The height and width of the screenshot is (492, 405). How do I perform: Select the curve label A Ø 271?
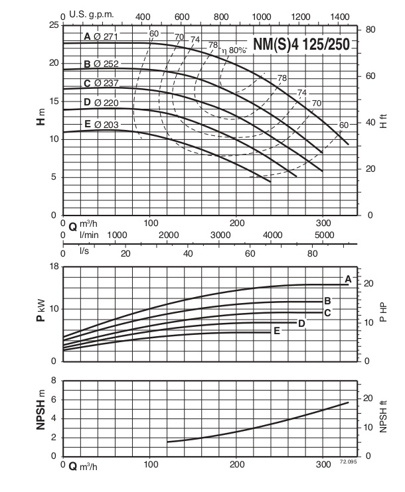pos(100,36)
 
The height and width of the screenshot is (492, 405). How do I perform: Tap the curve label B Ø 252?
pos(100,64)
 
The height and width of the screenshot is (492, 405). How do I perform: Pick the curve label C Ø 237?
pos(100,83)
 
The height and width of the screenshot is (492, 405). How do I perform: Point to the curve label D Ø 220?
pos(100,102)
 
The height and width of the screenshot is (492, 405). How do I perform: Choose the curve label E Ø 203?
pos(100,125)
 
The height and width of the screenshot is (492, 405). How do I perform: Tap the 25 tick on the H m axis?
pos(53,25)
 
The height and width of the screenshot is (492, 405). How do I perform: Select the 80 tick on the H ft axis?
pos(371,30)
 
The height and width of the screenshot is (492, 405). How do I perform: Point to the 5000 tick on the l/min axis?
pos(323,235)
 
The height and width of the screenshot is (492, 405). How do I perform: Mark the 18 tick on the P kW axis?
pos(53,266)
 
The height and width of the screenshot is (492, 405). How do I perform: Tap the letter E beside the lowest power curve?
pos(276,330)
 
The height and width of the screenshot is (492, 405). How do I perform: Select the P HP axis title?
pos(383,314)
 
